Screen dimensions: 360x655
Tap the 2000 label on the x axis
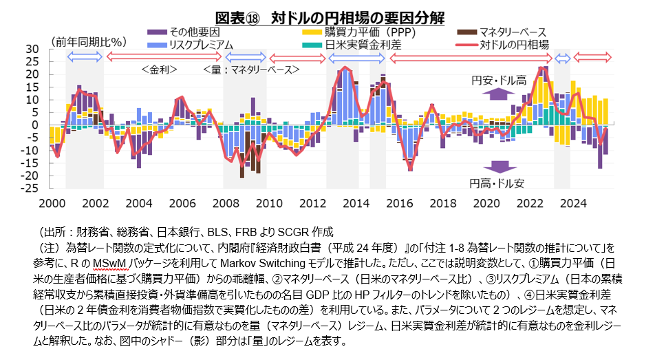point(52,203)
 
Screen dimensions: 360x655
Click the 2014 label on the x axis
point(356,203)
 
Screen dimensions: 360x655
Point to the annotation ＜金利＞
point(160,70)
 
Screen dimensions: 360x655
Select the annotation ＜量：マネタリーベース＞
point(251,70)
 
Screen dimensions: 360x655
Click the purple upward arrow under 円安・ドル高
point(500,94)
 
